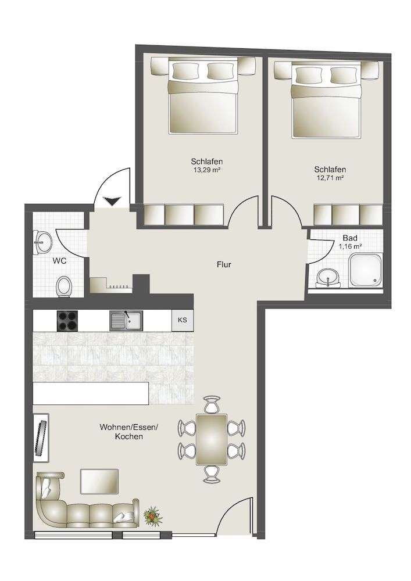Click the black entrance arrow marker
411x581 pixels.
point(111,201)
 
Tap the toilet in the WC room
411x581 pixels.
point(64,286)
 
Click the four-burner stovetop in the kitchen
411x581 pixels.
point(68,320)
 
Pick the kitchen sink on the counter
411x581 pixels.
point(126,320)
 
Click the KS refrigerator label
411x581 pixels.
point(182,320)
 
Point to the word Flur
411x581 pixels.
point(224,265)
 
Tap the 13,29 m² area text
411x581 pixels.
point(206,170)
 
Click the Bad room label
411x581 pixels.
point(349,238)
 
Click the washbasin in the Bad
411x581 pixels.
point(331,278)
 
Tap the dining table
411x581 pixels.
point(211,439)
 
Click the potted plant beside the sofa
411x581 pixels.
point(152,515)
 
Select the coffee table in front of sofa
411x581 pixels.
point(99,480)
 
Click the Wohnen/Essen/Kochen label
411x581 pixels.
point(128,431)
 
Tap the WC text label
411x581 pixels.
point(59,261)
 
